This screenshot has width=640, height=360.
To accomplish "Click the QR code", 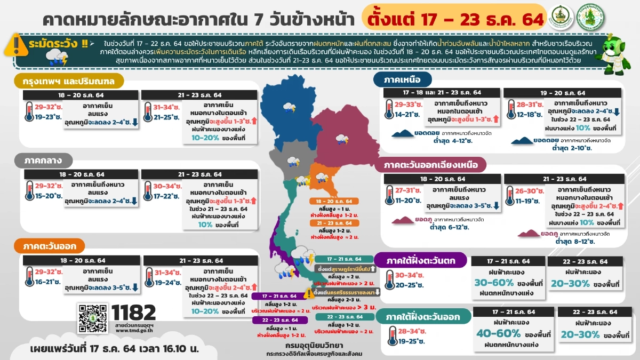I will point(93,319).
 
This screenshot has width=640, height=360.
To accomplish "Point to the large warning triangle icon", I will point(18,42).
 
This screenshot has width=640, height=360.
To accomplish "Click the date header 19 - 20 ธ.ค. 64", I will point(563,93).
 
